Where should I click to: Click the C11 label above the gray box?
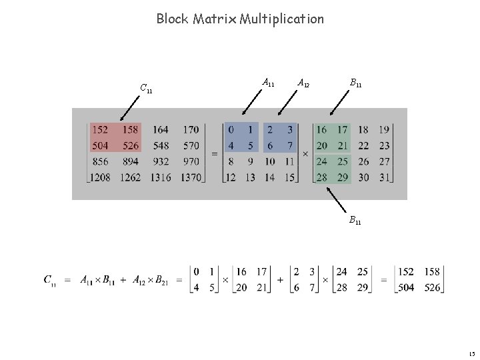tap(146, 87)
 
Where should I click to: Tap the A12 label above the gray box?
tap(303, 83)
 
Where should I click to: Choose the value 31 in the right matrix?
tap(384, 177)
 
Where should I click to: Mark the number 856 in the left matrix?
tap(100, 161)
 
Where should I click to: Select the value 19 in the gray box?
tap(384, 129)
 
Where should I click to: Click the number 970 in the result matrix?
tap(191, 161)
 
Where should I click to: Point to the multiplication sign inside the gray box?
tap(305, 154)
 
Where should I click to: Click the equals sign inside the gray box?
tap(215, 154)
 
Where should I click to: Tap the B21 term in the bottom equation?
tap(160, 280)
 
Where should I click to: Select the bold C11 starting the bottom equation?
tap(50, 280)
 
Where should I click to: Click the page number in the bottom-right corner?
tap(471, 354)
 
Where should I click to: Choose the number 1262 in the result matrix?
tap(131, 177)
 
